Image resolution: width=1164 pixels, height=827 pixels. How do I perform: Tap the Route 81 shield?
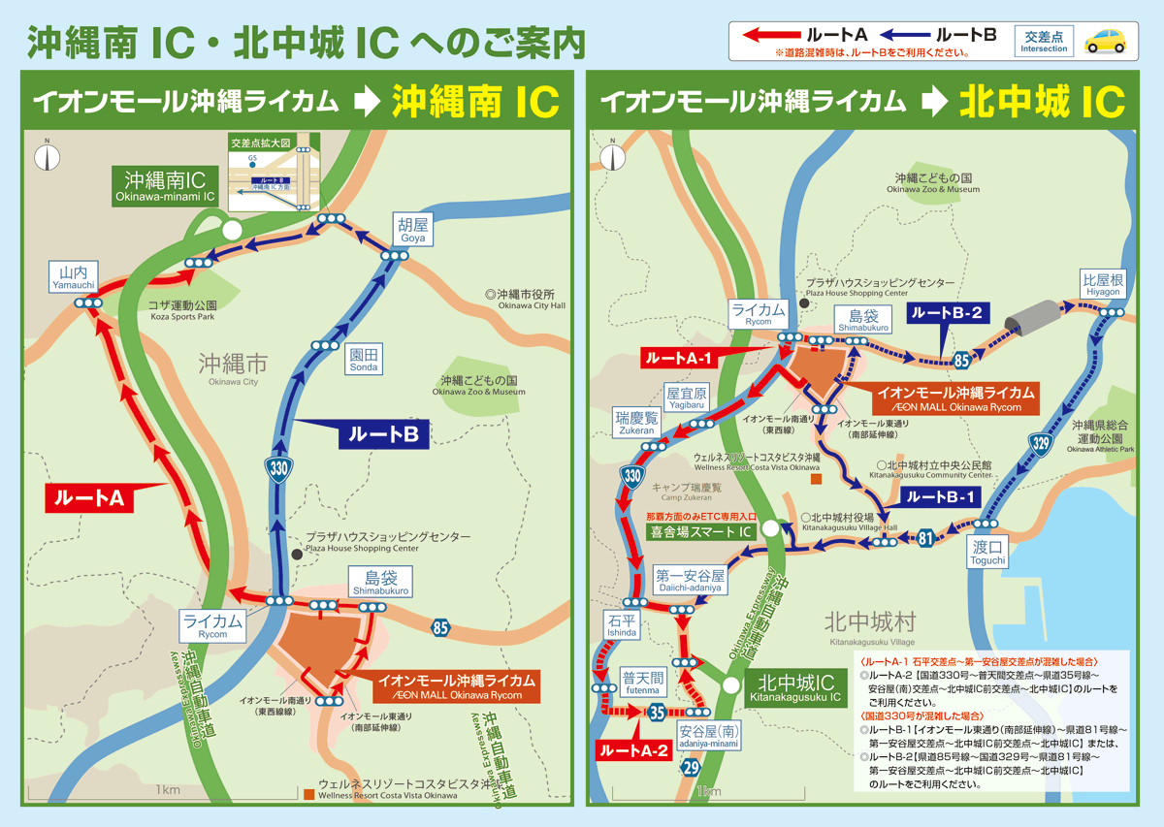point(925,538)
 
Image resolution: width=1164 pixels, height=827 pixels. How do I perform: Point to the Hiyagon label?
point(1103,285)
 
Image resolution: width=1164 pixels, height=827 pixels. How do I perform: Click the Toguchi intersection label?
point(988,554)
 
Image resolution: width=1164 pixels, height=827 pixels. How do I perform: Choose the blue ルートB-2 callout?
point(946,313)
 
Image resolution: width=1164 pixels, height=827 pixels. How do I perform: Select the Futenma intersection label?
point(642,683)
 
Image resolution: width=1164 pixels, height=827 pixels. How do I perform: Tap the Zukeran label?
point(635,423)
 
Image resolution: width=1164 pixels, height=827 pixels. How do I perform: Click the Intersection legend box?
point(1044,42)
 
